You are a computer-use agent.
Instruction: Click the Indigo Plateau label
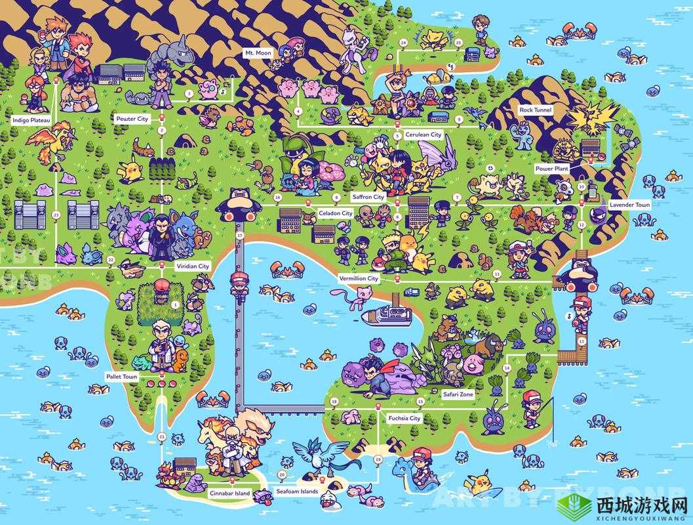(31, 120)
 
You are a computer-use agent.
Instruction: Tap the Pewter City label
(132, 119)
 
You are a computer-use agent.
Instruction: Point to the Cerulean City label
(423, 135)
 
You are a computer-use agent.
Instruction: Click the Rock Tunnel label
(535, 110)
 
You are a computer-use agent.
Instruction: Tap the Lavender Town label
(629, 205)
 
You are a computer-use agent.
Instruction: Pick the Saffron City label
(368, 197)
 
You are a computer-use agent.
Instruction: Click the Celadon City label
(336, 213)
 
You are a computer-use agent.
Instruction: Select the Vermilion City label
(359, 279)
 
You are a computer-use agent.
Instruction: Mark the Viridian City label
(192, 266)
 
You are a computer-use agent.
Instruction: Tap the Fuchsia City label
(404, 418)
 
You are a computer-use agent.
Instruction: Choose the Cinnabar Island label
(229, 492)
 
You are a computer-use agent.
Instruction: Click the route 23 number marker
(56, 215)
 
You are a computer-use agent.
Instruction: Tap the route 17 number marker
(240, 235)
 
